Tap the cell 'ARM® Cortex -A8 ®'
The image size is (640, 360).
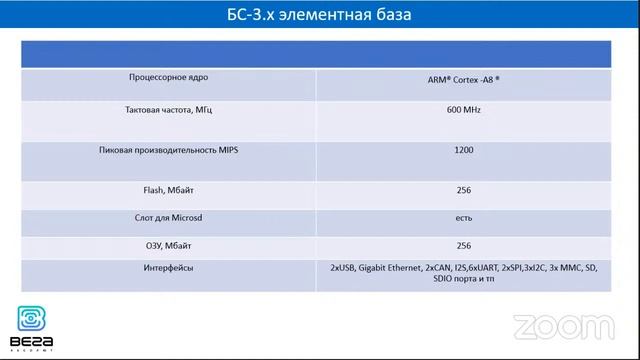coord(463,77)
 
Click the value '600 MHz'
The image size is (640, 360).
coord(463,109)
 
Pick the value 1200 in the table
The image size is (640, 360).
coord(463,150)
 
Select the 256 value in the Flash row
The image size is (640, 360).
coord(463,189)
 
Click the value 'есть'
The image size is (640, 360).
coord(463,217)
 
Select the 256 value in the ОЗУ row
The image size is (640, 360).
coord(463,245)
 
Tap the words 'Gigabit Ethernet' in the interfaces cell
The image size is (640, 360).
coord(390,268)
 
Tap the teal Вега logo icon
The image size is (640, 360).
coord(31,319)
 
